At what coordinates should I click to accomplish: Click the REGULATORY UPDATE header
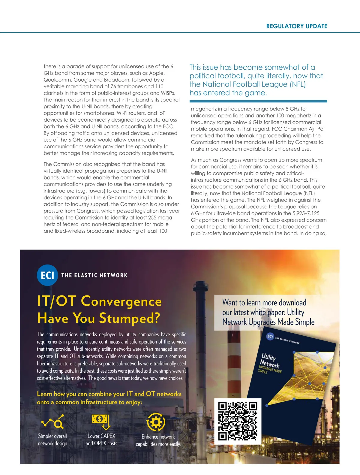pos(297,26)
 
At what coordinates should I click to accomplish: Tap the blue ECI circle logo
pos(47,275)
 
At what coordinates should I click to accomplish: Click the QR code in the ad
pos(238,421)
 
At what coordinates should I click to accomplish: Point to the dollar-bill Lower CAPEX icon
pos(101,421)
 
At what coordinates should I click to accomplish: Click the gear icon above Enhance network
pos(156,422)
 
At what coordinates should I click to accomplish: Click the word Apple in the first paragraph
pos(157,73)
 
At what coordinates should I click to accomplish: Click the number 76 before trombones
pos(113,86)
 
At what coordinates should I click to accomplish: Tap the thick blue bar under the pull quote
pos(258,101)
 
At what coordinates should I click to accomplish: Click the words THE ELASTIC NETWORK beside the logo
pos(94,275)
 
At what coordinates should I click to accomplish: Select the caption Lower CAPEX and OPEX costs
pos(101,440)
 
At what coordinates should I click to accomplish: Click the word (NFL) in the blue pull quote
pos(298,84)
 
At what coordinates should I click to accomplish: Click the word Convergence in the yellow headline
pos(121,301)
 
